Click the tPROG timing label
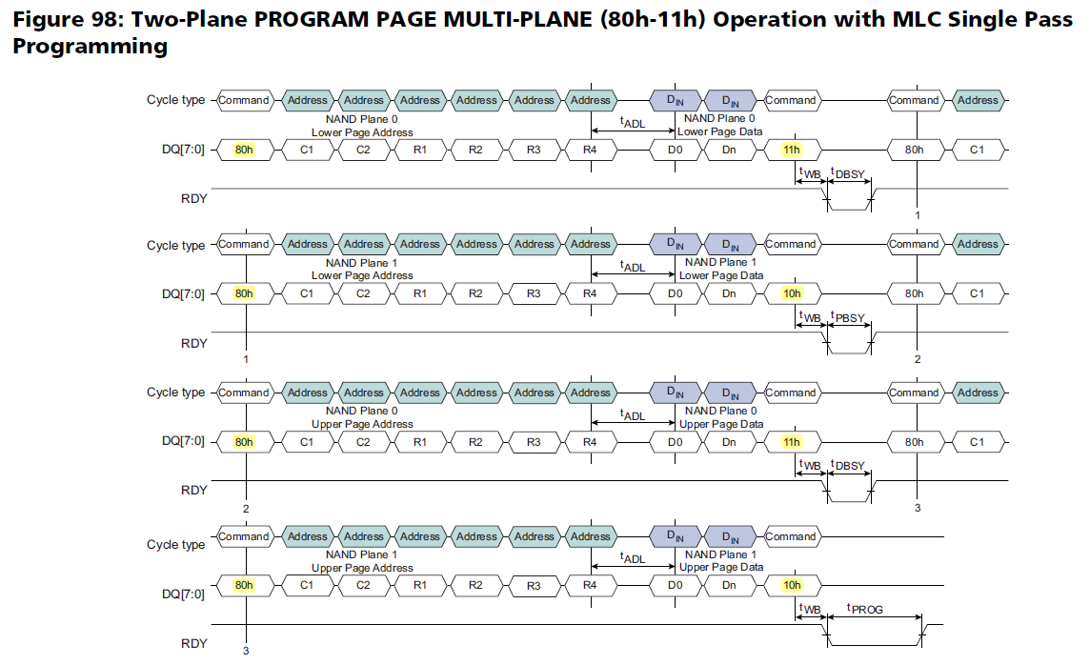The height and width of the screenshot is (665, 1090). pos(865,609)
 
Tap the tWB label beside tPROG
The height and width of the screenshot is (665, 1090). pos(809,609)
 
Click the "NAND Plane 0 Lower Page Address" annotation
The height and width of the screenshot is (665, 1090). pos(362,125)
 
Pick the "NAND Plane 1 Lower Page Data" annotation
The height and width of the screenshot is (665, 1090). pos(720,269)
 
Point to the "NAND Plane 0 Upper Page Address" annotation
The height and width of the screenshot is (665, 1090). pos(362,416)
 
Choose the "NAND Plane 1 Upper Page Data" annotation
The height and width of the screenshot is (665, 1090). pos(720,560)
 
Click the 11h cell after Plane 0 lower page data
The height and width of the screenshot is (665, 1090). pos(791,150)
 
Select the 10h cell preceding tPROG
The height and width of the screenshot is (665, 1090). pos(791,585)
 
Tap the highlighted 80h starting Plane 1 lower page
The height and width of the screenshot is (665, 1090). pos(245,293)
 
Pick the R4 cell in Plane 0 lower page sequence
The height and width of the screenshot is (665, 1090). pos(590,150)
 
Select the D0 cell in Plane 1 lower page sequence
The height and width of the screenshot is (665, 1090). pos(676,293)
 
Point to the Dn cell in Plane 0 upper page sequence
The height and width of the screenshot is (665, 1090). pos(729,442)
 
